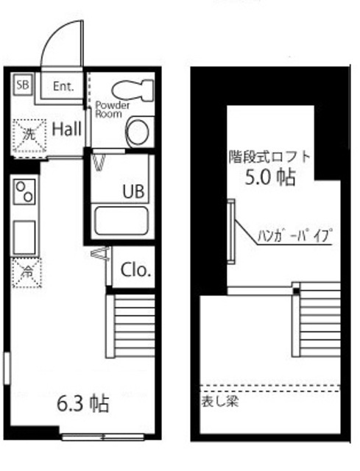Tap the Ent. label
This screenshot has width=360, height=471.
pyautogui.click(x=64, y=86)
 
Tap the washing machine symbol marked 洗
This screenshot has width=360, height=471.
pyautogui.click(x=26, y=134)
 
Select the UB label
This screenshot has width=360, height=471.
pyautogui.click(x=133, y=191)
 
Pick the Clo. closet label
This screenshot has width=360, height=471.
pyautogui.click(x=135, y=270)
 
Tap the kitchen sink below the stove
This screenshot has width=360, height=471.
pyautogui.click(x=25, y=237)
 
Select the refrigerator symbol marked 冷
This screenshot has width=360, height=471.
pyautogui.click(x=26, y=272)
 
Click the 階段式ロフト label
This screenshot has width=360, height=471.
pyautogui.click(x=269, y=157)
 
